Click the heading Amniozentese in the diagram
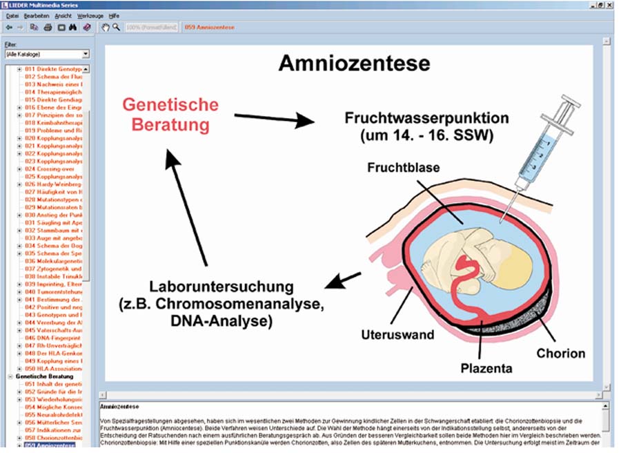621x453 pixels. (354, 64)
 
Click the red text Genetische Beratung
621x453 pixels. (170, 115)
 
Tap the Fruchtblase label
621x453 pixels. (404, 168)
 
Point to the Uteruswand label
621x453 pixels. (397, 335)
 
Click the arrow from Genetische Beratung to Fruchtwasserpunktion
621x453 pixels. (274, 119)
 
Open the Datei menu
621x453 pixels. (12, 15)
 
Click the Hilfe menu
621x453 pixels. (114, 15)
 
